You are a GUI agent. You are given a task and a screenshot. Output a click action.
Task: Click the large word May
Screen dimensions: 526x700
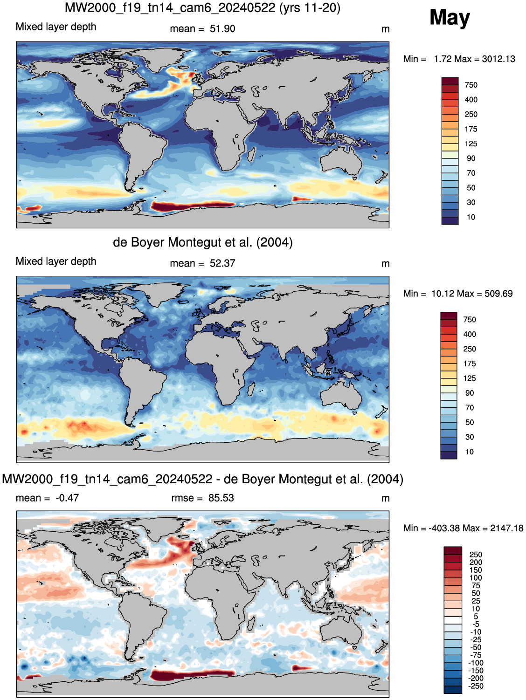450,18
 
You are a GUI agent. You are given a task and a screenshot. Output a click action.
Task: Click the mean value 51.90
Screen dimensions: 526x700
222,29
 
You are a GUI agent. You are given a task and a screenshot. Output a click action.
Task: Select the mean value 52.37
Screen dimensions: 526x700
222,263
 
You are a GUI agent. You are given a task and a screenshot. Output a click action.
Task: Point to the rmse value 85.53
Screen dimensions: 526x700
221,498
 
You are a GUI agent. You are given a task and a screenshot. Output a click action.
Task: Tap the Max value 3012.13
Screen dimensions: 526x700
498,59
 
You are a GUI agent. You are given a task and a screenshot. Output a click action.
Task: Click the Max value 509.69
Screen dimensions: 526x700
498,294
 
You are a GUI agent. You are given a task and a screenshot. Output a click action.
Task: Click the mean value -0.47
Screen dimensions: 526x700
67,498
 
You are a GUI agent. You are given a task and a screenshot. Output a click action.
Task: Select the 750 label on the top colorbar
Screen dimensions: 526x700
471,85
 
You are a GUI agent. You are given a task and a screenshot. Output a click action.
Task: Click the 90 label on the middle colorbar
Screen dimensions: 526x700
469,393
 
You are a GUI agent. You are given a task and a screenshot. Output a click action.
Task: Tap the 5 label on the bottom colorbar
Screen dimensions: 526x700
476,617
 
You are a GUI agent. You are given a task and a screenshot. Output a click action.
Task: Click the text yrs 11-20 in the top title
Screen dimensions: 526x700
310,7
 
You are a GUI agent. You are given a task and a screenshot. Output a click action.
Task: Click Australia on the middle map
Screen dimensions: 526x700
340,396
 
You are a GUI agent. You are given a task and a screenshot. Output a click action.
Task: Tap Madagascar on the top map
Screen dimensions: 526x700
251,155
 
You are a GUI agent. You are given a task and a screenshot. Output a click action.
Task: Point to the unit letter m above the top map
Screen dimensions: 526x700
385,29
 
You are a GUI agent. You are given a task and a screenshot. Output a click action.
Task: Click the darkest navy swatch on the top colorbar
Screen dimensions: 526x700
450,220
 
